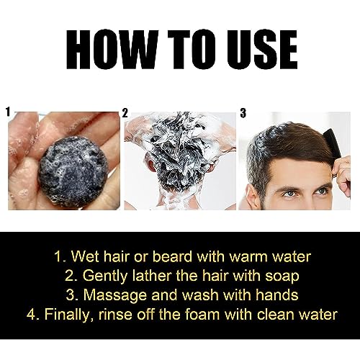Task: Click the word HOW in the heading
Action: coord(112,50)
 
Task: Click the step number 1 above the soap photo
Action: coord(9,112)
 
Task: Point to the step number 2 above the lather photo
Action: coord(125,113)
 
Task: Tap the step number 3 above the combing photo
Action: coord(243,113)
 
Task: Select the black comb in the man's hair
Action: coord(333,145)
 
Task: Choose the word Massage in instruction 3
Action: coord(114,296)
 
